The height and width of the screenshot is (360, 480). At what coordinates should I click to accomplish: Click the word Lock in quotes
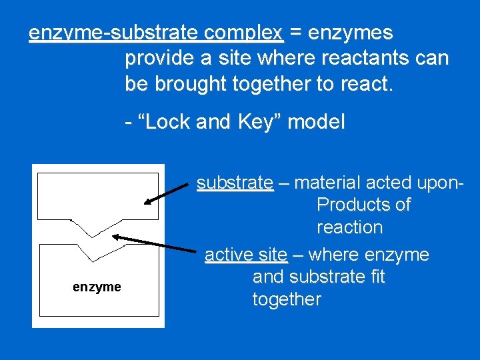point(165,122)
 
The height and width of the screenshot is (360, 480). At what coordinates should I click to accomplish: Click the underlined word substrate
point(235,183)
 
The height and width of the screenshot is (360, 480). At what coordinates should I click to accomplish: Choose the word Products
point(363,205)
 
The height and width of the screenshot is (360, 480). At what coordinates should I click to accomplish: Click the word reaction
point(349,227)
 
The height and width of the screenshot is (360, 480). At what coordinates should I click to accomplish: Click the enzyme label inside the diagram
point(97,287)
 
